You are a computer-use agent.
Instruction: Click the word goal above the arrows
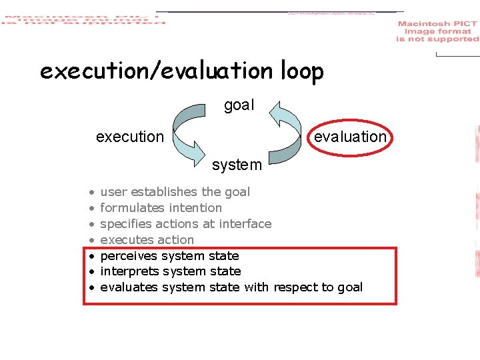pos(239,105)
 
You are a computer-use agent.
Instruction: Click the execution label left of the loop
pos(129,137)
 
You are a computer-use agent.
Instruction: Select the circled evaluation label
pos(350,137)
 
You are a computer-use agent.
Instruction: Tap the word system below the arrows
pos(237,164)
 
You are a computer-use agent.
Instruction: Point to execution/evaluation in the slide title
pos(155,71)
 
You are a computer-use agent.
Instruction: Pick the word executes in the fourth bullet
pos(124,240)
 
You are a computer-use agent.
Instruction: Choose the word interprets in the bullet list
pos(127,271)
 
